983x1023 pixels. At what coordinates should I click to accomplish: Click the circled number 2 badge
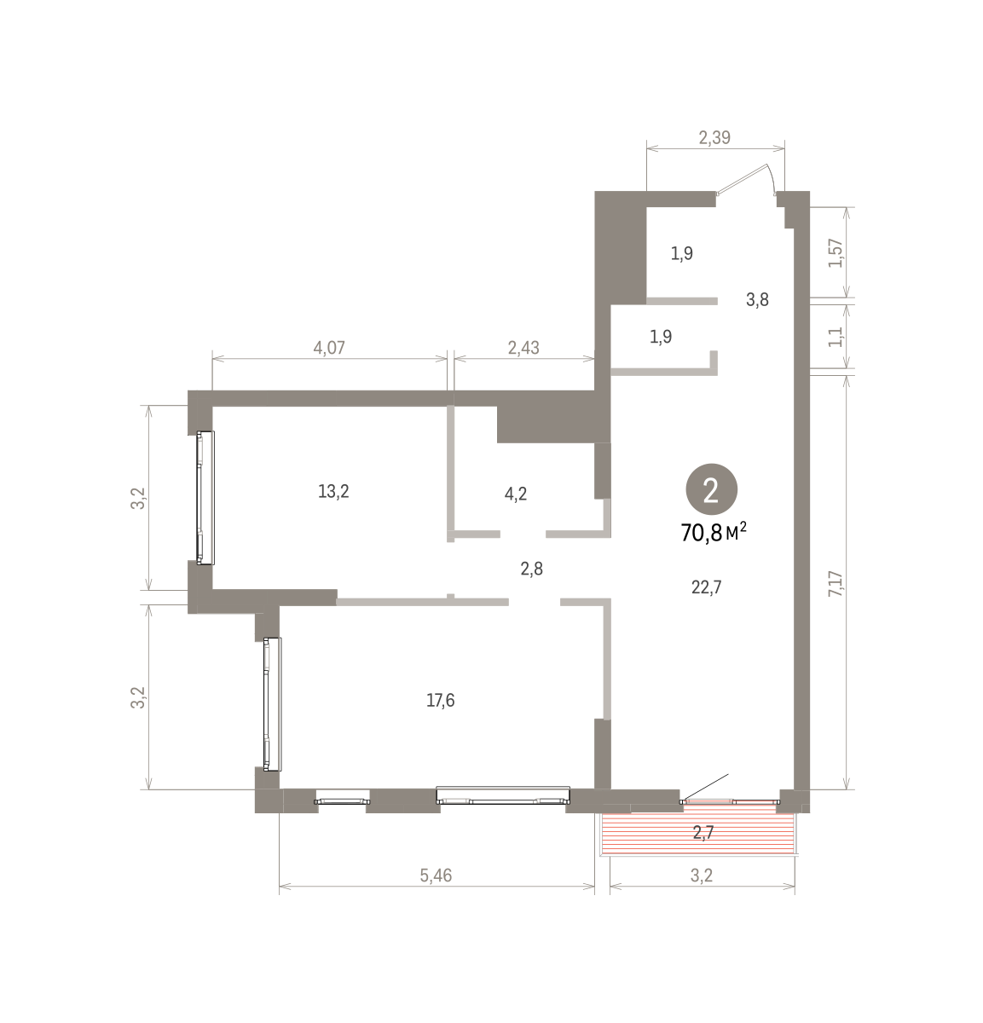pyautogui.click(x=711, y=488)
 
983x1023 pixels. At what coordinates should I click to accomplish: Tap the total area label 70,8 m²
pyautogui.click(x=714, y=533)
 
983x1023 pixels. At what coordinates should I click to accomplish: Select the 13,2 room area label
pyautogui.click(x=333, y=492)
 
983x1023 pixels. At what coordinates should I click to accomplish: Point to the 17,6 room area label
pyautogui.click(x=441, y=700)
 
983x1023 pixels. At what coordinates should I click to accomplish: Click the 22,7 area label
pyautogui.click(x=706, y=587)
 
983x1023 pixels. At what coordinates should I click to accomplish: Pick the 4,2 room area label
pyautogui.click(x=515, y=494)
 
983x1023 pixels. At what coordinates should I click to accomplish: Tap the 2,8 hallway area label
pyautogui.click(x=531, y=569)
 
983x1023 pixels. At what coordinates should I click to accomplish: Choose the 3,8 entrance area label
pyautogui.click(x=757, y=299)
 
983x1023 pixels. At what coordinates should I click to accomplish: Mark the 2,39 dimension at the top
pyautogui.click(x=714, y=138)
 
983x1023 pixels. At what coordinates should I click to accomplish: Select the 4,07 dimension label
pyautogui.click(x=329, y=348)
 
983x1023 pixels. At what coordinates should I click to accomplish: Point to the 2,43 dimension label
pyautogui.click(x=523, y=348)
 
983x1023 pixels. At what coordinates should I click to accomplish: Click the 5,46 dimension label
pyautogui.click(x=436, y=875)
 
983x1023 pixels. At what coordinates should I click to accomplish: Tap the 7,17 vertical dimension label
pyautogui.click(x=836, y=583)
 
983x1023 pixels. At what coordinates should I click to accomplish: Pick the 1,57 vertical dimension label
pyautogui.click(x=836, y=253)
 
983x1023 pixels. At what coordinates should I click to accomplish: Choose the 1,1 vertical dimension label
pyautogui.click(x=836, y=337)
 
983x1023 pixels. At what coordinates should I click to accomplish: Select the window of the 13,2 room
pyautogui.click(x=205, y=497)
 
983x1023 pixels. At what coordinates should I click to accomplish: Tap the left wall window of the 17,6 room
pyautogui.click(x=272, y=704)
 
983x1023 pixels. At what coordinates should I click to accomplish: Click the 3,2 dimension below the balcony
pyautogui.click(x=702, y=875)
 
